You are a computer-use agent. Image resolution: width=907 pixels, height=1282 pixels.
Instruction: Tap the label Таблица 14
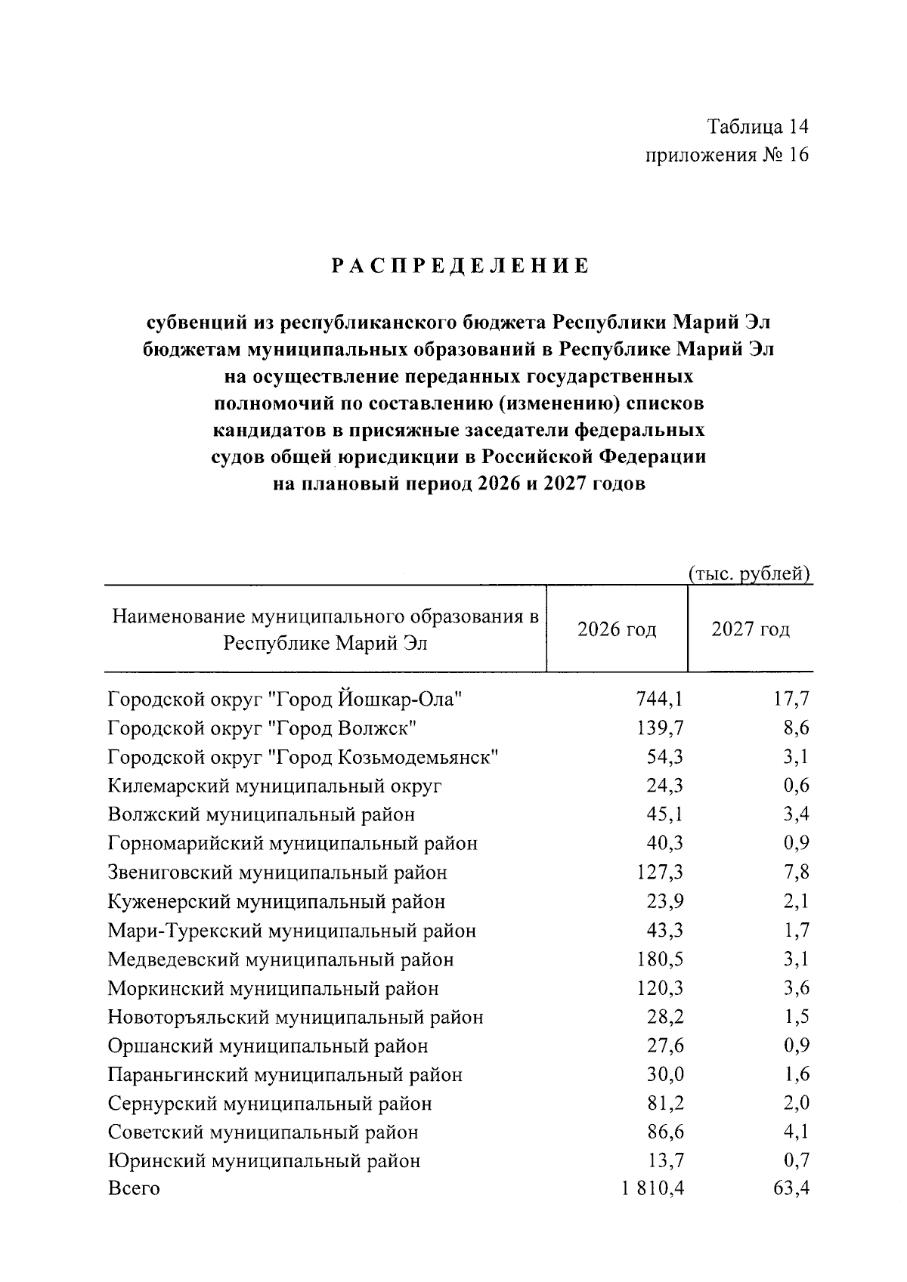[758, 126]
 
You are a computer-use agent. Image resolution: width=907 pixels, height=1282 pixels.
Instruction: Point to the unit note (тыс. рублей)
[749, 574]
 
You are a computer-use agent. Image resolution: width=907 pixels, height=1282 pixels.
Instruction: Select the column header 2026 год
[617, 629]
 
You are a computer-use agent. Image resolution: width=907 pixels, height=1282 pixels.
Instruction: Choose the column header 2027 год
[750, 629]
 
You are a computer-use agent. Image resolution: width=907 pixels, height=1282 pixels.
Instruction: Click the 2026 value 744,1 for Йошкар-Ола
[659, 700]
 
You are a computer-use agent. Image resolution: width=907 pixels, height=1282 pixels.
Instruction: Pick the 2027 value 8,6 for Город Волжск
[797, 728]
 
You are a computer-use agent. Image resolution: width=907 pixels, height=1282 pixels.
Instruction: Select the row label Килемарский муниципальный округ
[274, 786]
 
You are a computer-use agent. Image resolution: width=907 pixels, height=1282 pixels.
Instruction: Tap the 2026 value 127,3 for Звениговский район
[659, 873]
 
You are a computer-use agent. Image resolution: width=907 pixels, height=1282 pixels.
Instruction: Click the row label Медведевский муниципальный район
[280, 960]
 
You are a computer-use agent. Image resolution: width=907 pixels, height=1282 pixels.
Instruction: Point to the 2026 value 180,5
[659, 960]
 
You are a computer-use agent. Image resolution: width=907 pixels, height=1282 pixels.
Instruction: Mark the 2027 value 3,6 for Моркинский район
[797, 989]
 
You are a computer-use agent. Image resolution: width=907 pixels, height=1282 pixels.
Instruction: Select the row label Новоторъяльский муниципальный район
[296, 1018]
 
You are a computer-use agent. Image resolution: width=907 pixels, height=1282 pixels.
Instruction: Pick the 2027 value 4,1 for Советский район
[797, 1132]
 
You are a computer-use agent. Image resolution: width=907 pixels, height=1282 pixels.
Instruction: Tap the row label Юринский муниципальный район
[264, 1161]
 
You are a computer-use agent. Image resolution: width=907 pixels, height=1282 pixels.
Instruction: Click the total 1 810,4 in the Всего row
[653, 1189]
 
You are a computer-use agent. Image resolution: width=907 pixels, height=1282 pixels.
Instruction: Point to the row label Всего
[134, 1189]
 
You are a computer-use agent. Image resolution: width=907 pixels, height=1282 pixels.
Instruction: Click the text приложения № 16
[726, 156]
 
